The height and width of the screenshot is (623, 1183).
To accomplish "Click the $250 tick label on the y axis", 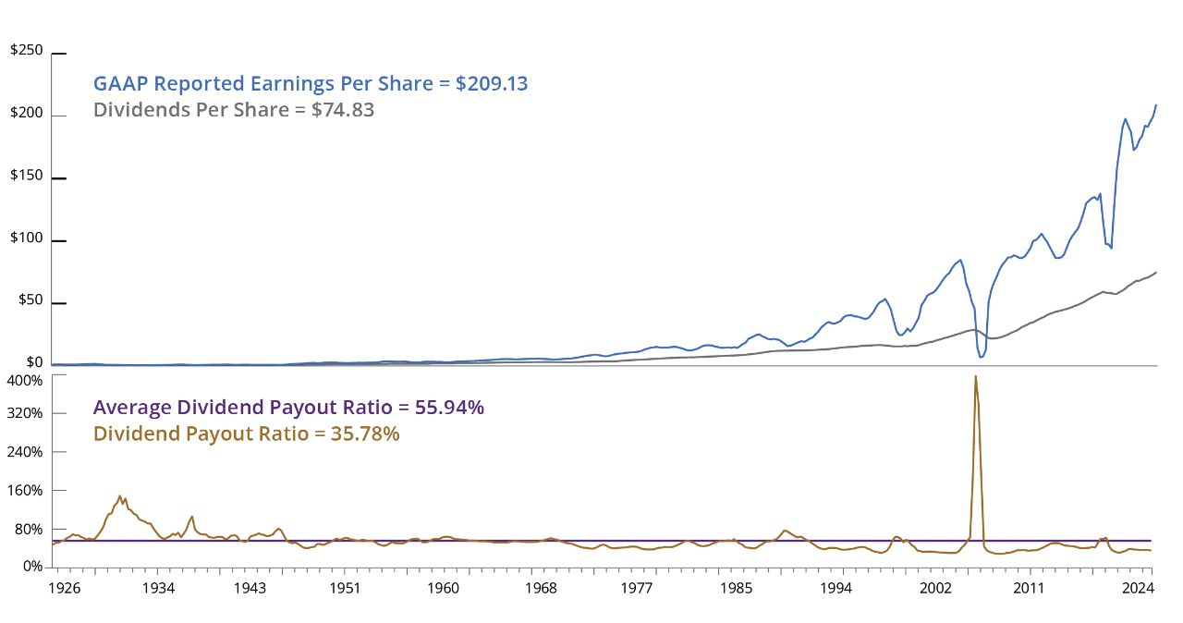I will pos(26,50).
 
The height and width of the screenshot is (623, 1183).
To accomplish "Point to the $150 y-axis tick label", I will pos(26,177).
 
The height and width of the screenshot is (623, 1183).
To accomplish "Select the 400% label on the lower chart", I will pos(26,381).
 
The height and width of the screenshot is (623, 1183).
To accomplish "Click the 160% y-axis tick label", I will pos(26,491).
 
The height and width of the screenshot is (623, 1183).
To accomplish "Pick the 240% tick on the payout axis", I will pos(26,452).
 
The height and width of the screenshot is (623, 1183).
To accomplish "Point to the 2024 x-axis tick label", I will pos(1135,588).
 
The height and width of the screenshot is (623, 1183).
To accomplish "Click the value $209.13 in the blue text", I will pos(492,84).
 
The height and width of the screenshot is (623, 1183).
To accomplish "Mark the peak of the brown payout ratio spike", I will pos(976,376).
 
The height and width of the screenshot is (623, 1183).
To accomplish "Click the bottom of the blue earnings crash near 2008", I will pos(981,357).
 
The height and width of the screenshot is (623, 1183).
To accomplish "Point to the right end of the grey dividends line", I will pos(1156,272).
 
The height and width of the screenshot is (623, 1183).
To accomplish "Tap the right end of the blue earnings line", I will pos(1156,104).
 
